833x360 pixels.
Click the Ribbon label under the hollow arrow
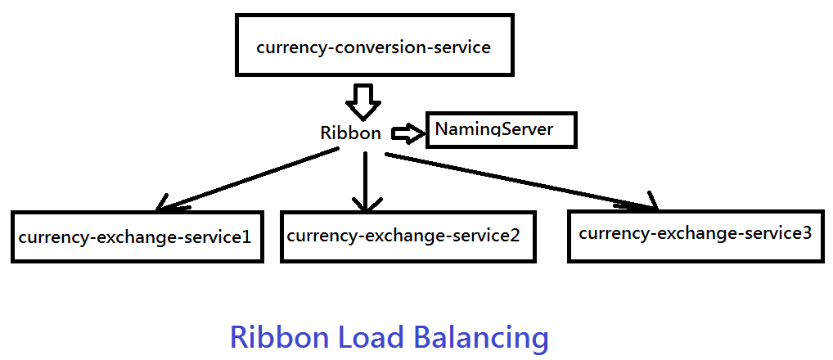[350, 133]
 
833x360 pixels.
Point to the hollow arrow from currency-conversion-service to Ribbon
[363, 102]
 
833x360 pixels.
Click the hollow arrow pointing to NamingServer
[409, 133]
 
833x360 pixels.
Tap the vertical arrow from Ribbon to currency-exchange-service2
[366, 182]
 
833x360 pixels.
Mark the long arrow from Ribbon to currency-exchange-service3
[520, 181]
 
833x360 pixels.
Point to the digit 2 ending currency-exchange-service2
[513, 235]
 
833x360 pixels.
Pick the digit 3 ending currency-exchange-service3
[807, 233]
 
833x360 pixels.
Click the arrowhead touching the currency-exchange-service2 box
[366, 205]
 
